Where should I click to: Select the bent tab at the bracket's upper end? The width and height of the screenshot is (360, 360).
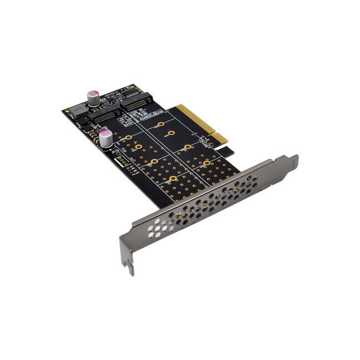pos(292,162)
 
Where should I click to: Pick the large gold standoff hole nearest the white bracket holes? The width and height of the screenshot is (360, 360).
pos(173,178)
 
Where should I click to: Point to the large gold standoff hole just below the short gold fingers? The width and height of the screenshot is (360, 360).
pos(207,163)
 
